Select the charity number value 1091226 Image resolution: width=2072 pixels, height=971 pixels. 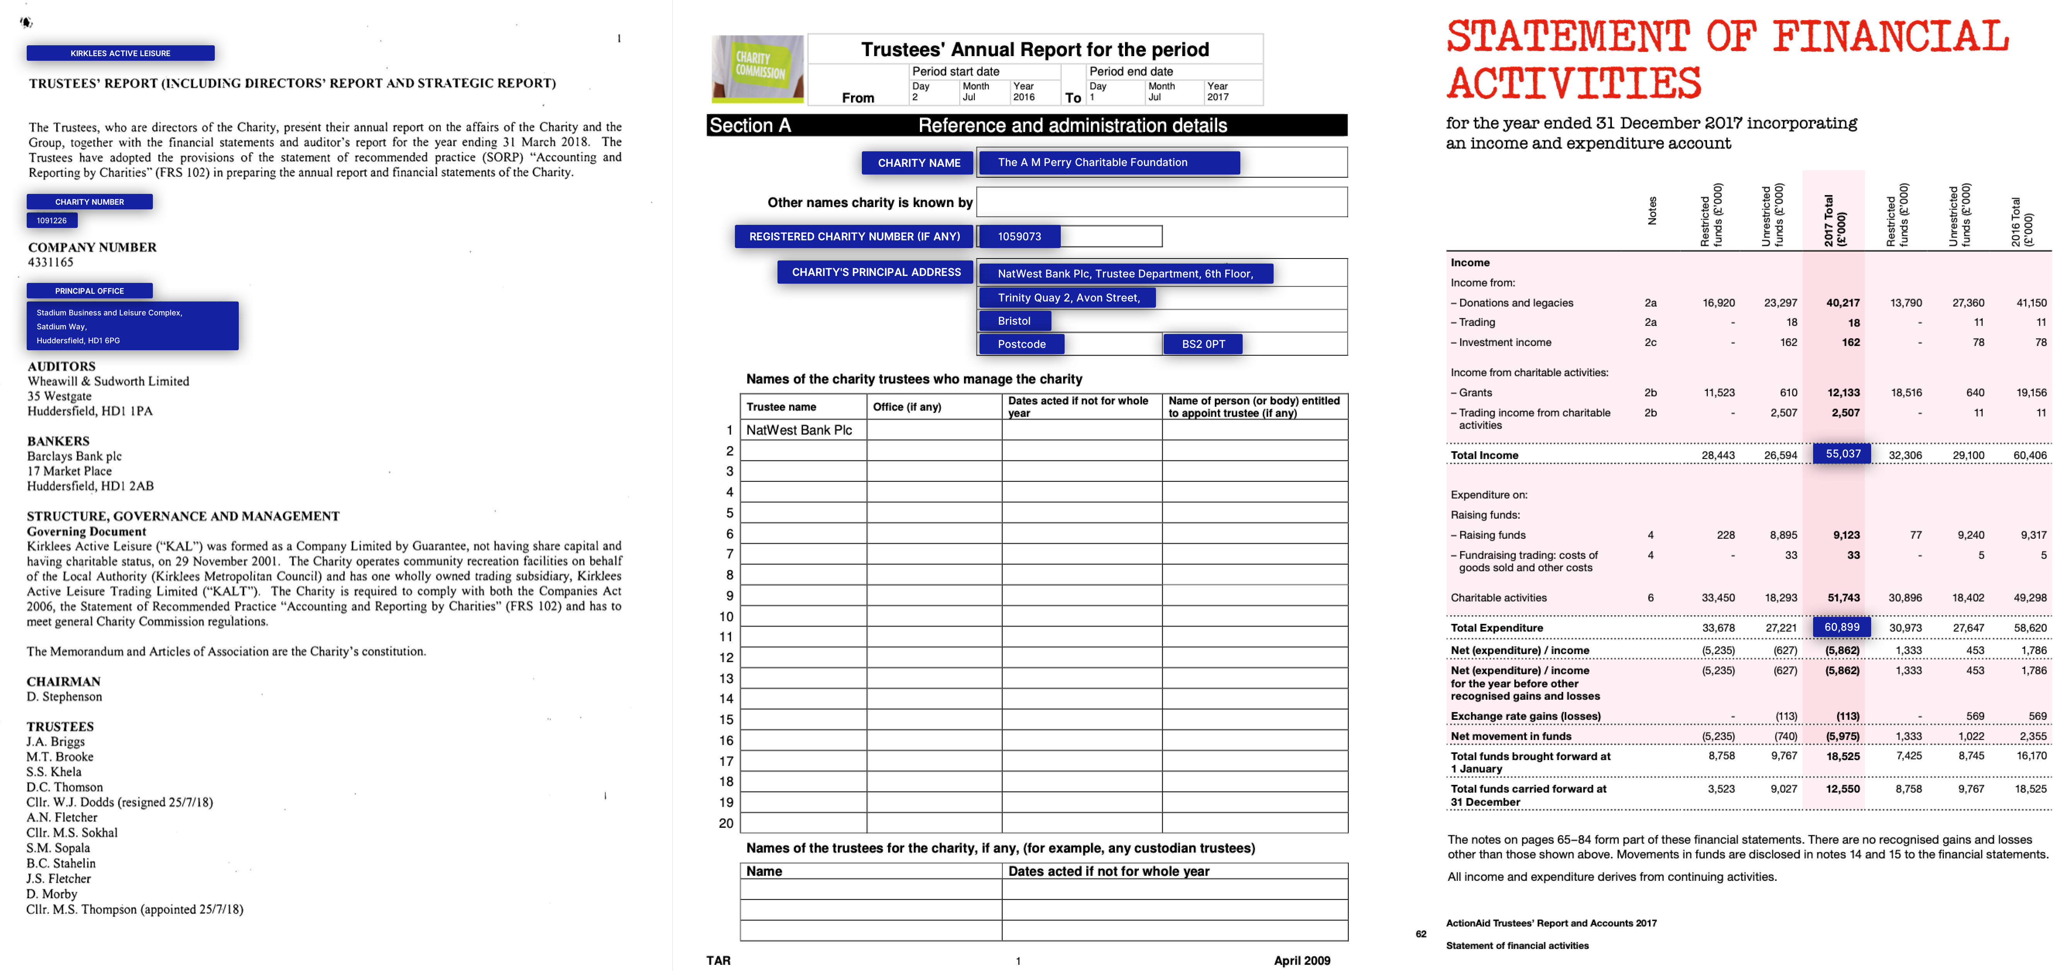[51, 221]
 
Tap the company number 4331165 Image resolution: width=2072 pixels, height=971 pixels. [51, 262]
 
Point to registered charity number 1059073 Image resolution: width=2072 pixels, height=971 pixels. [1019, 236]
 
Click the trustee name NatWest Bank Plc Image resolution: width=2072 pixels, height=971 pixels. [799, 430]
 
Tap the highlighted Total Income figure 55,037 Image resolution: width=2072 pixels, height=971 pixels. [1842, 454]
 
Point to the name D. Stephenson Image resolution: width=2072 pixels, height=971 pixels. [64, 697]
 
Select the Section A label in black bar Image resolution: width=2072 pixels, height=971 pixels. [750, 125]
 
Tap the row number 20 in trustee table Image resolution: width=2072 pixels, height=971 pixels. [726, 823]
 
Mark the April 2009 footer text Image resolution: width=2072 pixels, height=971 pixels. [1301, 961]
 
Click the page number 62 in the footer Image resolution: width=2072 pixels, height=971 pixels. [1420, 934]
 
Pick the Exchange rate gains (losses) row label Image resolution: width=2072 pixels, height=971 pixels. [1525, 716]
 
